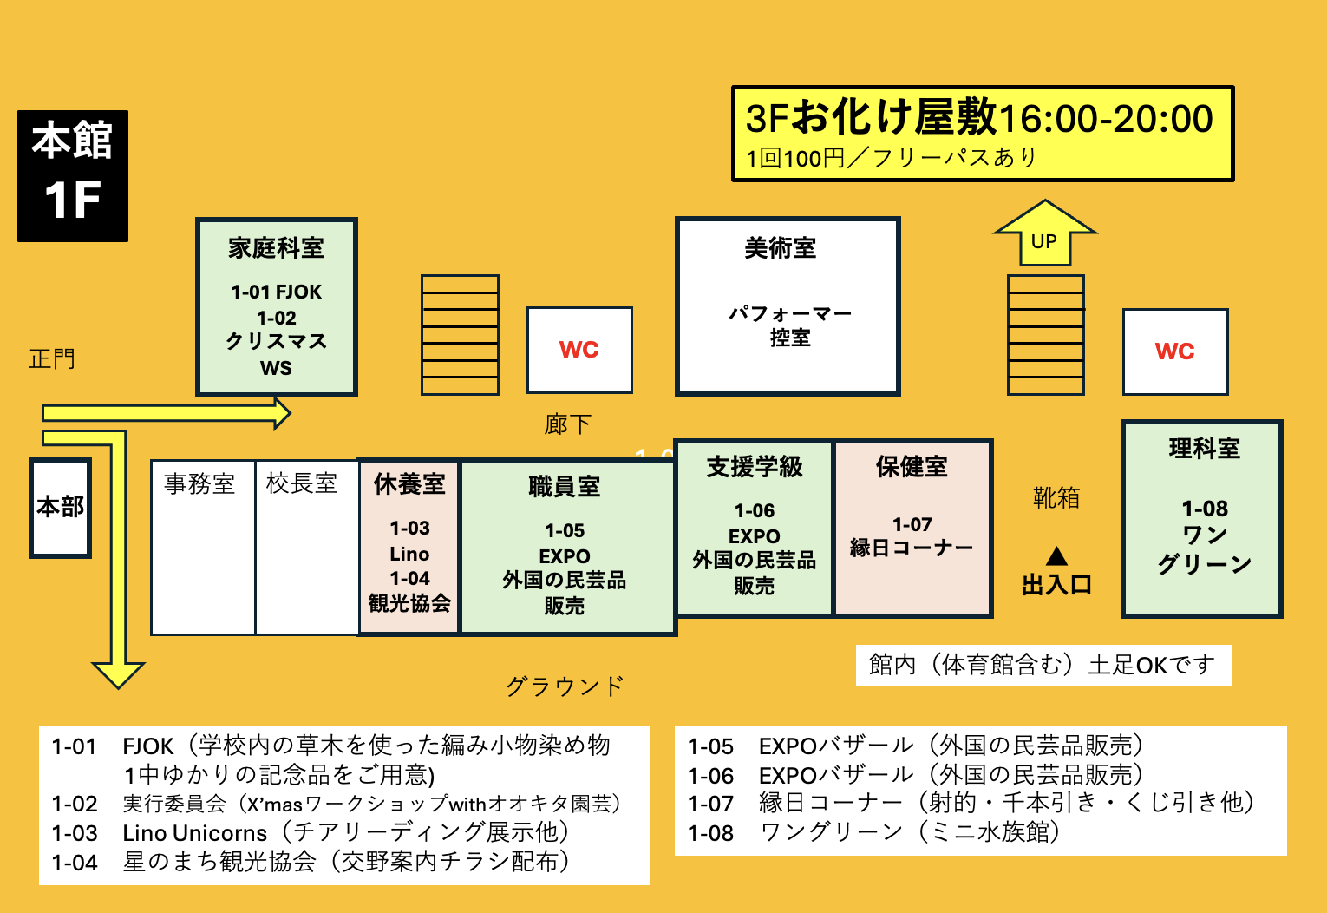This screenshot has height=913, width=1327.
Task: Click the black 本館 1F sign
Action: [x=73, y=175]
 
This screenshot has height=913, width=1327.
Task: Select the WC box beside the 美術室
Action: [x=579, y=350]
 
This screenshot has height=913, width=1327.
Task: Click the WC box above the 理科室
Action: [x=1175, y=351]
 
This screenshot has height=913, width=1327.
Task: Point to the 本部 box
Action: [x=61, y=507]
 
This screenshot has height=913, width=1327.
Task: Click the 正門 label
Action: [x=52, y=358]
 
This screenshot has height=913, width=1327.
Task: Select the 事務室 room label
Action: [x=199, y=484]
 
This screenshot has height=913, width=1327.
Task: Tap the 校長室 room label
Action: [x=302, y=484]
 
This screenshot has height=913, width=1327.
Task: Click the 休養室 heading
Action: [x=409, y=484]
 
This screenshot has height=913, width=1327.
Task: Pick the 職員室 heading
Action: [x=565, y=487]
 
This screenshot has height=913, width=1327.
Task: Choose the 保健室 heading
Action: [x=912, y=467]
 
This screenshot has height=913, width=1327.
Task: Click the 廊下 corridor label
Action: [x=568, y=424]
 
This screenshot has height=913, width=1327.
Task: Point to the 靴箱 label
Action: [x=1056, y=498]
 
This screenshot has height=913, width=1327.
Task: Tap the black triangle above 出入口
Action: [x=1056, y=556]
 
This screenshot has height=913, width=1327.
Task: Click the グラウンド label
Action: [x=565, y=686]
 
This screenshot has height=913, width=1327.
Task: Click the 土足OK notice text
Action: [x=1042, y=666]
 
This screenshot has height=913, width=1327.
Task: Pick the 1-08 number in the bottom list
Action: [x=710, y=833]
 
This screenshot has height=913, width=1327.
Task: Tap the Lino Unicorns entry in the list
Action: [x=195, y=833]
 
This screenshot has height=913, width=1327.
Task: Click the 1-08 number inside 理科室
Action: [x=1205, y=509]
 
